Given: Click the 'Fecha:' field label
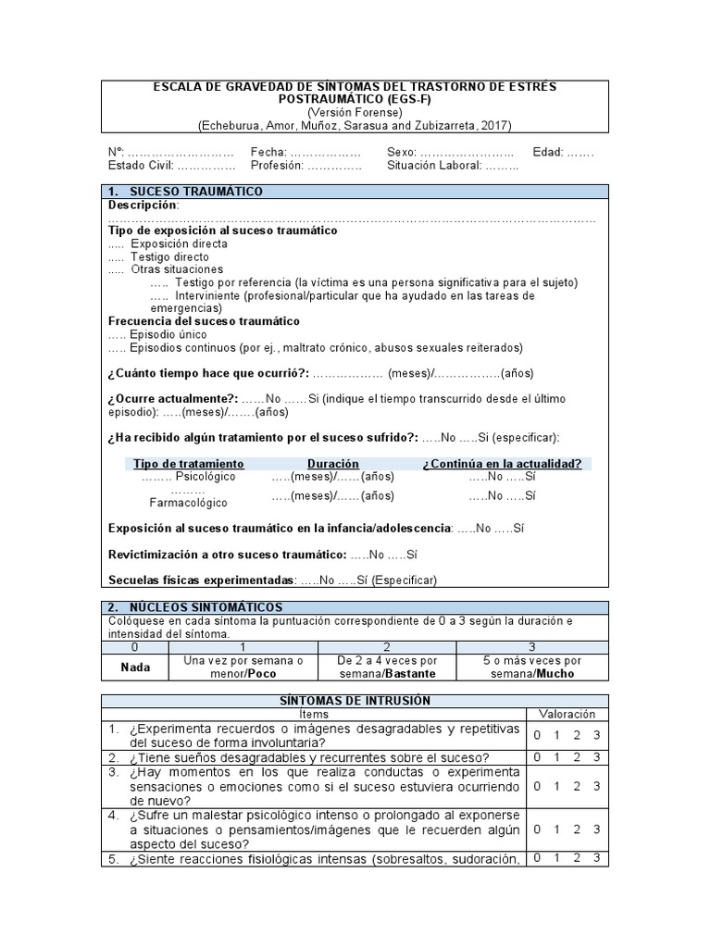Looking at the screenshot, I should point(268,152).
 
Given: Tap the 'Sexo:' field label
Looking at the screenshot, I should point(403,152).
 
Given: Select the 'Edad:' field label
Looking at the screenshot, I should point(548,152).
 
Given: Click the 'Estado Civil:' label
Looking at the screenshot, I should point(141,166).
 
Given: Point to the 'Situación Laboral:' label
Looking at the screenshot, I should point(433,166).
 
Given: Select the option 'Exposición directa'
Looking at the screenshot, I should point(179,243).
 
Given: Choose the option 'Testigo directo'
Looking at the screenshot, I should point(169,256).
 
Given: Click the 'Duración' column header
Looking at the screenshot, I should point(332,463).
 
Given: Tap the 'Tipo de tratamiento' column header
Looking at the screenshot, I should point(189,463).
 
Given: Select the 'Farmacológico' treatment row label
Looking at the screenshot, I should point(188,503).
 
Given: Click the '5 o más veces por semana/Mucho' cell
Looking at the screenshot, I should point(531,667).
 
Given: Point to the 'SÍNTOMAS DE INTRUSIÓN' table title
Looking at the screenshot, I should point(354,701).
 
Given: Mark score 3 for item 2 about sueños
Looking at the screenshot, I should point(597,757).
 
